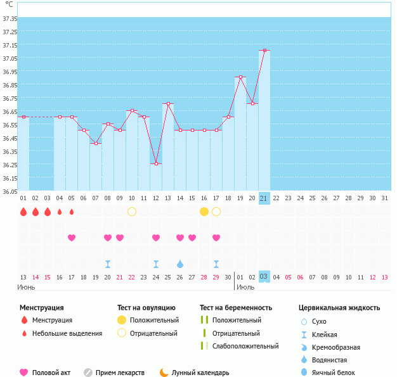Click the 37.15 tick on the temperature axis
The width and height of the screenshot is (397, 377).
click(10, 46)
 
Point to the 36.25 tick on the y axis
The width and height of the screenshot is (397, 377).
click(10, 165)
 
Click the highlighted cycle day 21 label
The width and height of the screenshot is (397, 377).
click(264, 198)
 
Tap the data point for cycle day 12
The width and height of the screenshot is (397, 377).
click(156, 163)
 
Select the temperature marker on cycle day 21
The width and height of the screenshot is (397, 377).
click(264, 51)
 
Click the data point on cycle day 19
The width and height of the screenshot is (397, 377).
click(240, 77)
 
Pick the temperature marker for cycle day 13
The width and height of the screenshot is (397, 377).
click(168, 104)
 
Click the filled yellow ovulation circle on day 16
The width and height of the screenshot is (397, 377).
click(204, 211)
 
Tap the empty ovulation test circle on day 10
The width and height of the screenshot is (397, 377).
click(132, 211)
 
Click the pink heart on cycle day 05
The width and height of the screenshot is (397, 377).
click(72, 238)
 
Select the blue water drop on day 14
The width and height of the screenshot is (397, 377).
click(180, 264)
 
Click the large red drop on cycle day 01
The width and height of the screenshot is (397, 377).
click(23, 212)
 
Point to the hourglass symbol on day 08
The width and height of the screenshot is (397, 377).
click(108, 264)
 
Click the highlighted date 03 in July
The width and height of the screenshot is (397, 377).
click(264, 277)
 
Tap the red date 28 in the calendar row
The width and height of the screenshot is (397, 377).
click(204, 277)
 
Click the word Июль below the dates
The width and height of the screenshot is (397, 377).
click(245, 287)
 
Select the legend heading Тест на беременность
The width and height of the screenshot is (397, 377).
click(239, 308)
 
